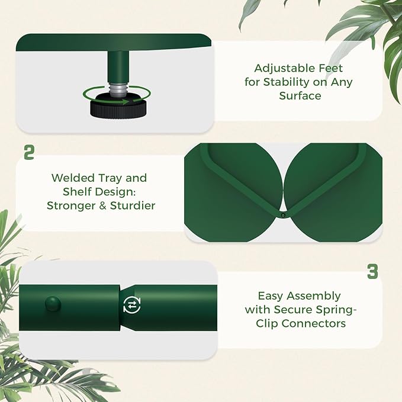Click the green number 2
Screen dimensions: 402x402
point(29,153)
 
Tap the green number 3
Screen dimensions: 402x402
point(372,272)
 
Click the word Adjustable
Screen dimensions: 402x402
point(285,69)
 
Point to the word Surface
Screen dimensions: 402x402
point(300,96)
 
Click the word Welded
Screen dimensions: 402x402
point(73,178)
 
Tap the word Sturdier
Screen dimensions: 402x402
point(133,205)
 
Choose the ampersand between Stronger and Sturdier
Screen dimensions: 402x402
point(102,205)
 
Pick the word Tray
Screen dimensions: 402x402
point(110,178)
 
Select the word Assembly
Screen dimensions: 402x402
point(313,297)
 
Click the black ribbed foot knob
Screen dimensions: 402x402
point(118,108)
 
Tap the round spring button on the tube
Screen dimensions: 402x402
point(53,304)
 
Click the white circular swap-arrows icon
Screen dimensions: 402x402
point(132,305)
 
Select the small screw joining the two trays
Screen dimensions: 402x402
point(283,216)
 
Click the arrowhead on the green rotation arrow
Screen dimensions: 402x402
point(125,102)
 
